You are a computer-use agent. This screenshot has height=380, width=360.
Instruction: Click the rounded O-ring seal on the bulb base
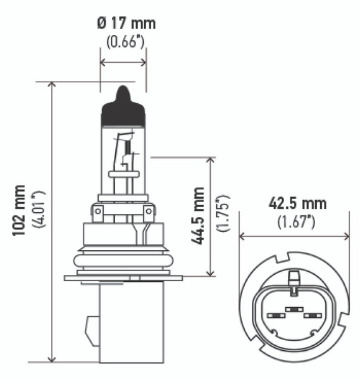pos(123,260)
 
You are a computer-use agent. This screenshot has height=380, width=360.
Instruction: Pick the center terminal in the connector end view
pos(293,309)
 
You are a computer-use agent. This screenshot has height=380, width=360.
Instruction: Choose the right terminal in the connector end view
pos(310,315)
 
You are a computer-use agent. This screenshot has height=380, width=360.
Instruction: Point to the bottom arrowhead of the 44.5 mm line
pos(211,273)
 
